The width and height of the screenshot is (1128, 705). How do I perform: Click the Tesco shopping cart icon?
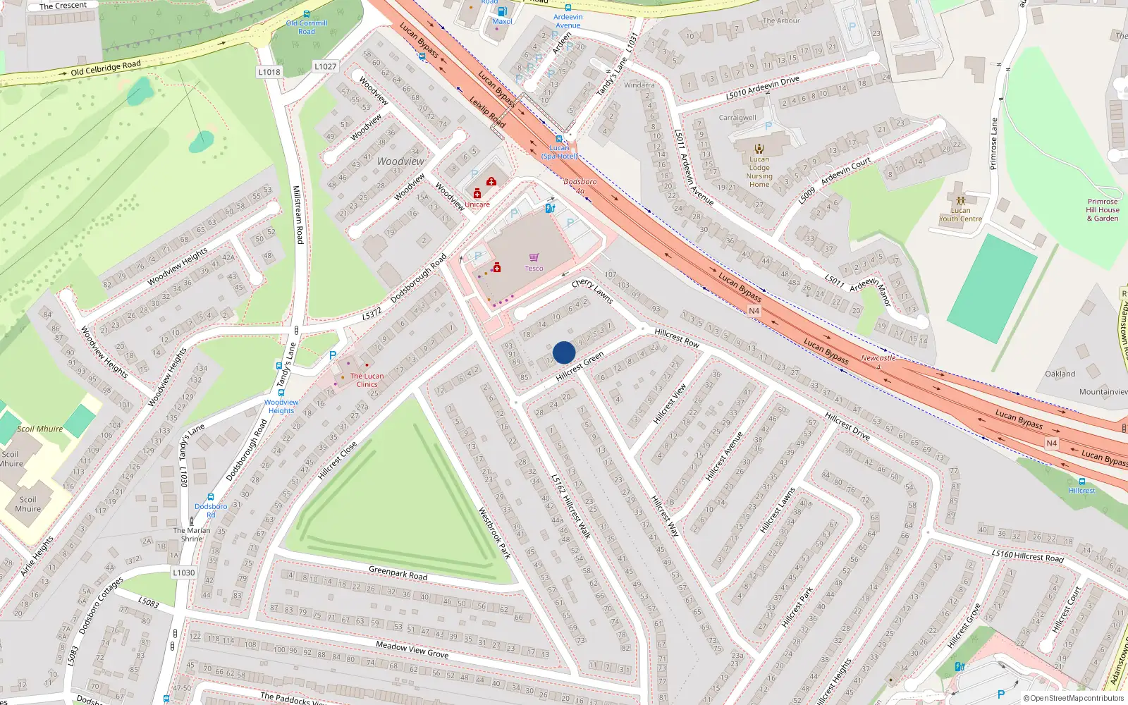[x=534, y=258]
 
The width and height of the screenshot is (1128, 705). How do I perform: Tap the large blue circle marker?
[x=564, y=352]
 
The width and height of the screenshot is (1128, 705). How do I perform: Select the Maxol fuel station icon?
[x=502, y=12]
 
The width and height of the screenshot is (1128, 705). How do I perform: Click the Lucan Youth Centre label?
[x=960, y=214]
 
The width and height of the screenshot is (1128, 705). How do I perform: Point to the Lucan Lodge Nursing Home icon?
[x=759, y=149]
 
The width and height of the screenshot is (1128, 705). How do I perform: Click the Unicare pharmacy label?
[x=477, y=204]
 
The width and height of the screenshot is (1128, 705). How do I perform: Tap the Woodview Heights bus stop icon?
[x=281, y=392]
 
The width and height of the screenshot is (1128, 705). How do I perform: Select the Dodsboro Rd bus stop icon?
[x=211, y=498]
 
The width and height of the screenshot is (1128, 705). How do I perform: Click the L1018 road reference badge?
[x=269, y=72]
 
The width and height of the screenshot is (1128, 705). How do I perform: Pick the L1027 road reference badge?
[x=325, y=66]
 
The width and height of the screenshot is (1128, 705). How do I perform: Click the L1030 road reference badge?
[x=183, y=572]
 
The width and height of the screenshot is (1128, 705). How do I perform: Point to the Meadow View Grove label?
[x=412, y=649]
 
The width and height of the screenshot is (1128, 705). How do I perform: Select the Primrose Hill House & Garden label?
[x=1103, y=210]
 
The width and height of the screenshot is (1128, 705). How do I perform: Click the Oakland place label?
[x=1060, y=374]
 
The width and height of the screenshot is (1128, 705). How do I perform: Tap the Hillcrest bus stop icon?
[x=1082, y=482]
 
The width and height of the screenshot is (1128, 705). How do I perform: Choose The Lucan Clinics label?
[x=367, y=380]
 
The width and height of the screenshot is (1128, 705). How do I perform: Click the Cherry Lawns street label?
[x=592, y=290]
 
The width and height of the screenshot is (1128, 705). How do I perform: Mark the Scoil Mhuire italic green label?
[x=40, y=429]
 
